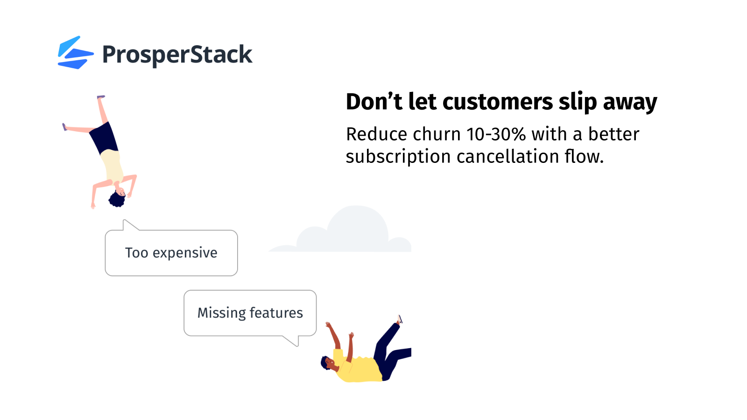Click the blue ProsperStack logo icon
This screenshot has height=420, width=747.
click(x=75, y=53)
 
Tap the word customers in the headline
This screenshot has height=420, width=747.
click(x=498, y=102)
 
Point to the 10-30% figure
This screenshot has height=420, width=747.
click(x=496, y=134)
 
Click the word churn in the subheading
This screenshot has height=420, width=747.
click(x=437, y=134)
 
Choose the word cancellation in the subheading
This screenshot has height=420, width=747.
click(x=508, y=157)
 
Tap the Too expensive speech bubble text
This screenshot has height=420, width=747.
click(x=171, y=252)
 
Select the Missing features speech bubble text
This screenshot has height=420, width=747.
click(x=250, y=313)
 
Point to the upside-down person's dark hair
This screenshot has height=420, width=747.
click(x=117, y=200)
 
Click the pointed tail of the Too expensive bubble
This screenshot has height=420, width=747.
click(x=124, y=220)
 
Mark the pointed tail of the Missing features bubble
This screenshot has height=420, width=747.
click(x=297, y=346)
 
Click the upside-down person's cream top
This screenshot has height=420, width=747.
click(x=113, y=166)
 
